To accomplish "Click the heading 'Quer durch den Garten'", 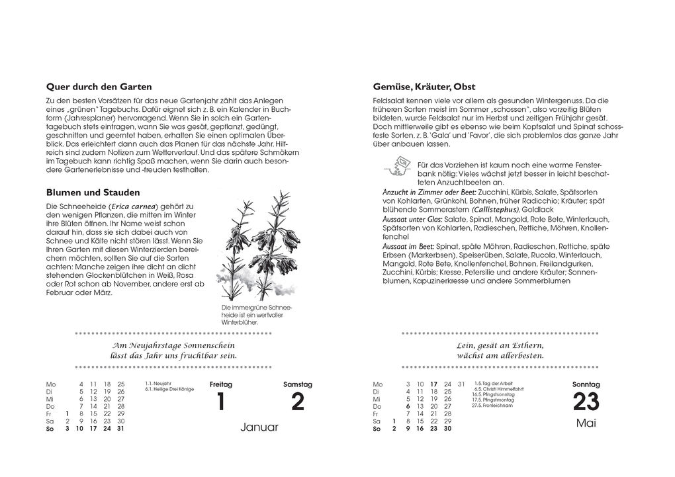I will [99, 87].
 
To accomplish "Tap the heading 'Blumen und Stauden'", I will [93, 193].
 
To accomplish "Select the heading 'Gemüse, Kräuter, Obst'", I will [424, 87].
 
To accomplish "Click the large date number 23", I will [586, 402].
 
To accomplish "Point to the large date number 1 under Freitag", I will [221, 402].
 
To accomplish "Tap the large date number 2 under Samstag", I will [298, 402].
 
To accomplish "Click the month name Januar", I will [259, 427].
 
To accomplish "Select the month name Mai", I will [586, 423].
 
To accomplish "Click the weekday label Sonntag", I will [586, 384].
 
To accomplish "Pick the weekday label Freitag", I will [221, 384].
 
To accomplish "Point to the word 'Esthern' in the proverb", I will [524, 345].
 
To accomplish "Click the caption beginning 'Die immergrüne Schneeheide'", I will [256, 316].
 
